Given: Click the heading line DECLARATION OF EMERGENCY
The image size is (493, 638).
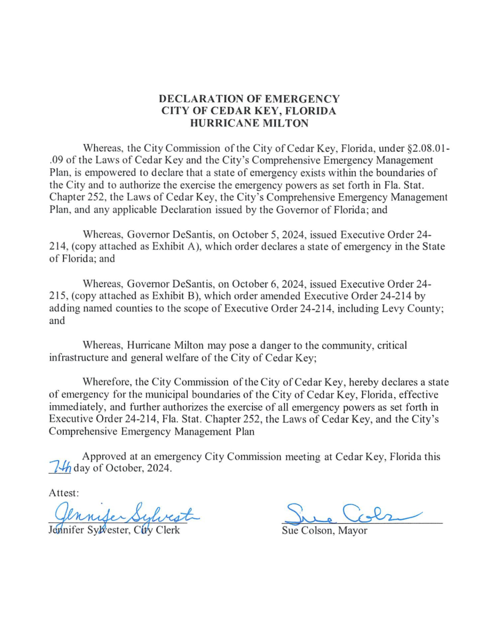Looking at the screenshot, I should click(249, 99).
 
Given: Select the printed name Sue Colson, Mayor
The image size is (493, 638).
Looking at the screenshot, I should click(324, 531).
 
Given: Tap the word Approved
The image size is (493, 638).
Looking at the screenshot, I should click(104, 457).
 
